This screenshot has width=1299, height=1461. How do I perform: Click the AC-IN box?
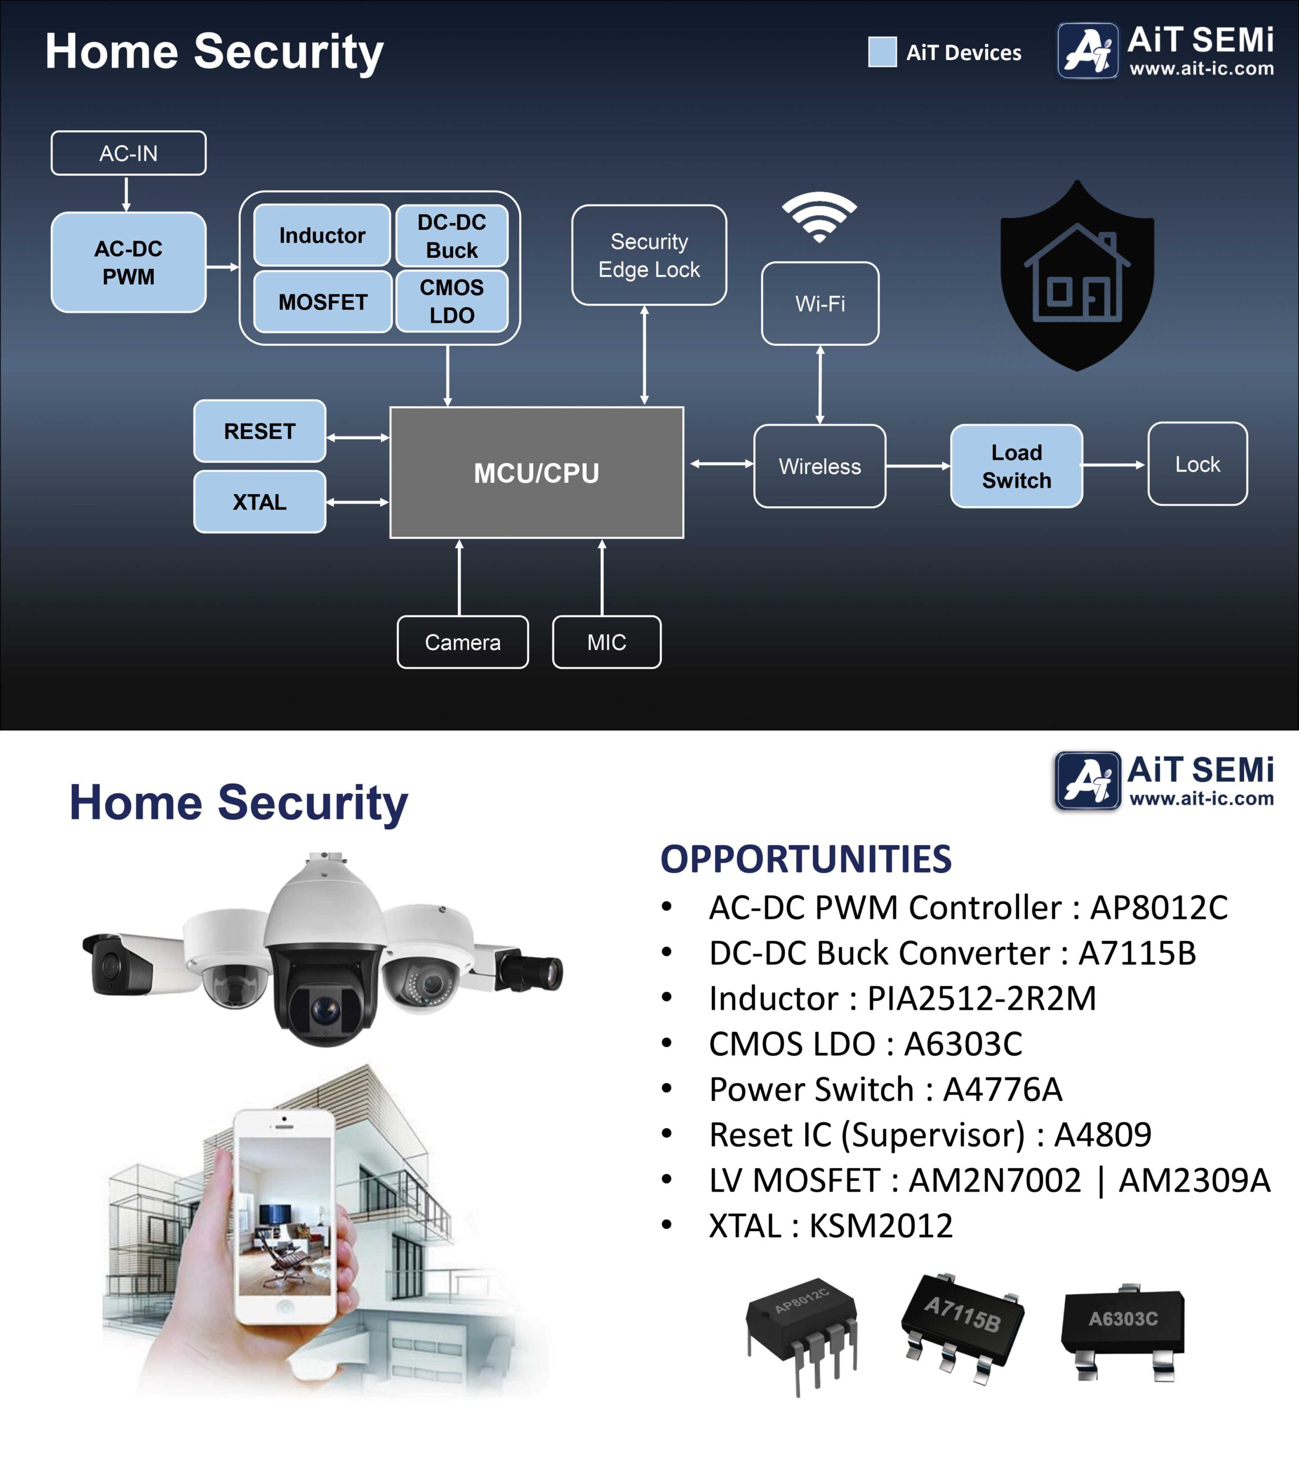pos(128,153)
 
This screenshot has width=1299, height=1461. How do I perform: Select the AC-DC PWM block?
pos(128,263)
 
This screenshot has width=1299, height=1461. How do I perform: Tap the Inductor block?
pos(322,235)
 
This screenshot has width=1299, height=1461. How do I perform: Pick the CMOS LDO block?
pos(452,301)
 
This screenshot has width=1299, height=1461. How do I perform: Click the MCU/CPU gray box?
pos(536,473)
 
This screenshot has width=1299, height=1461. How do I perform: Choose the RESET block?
pos(260,431)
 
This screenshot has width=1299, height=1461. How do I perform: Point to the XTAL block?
pos(260,502)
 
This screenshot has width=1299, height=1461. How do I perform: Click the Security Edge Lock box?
pos(649,255)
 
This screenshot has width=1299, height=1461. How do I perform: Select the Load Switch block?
pos(1016,466)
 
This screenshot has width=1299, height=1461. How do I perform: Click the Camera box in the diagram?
pos(462,642)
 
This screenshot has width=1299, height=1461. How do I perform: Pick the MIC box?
pos(606,642)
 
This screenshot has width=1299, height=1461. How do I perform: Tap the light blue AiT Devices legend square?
pos(882,52)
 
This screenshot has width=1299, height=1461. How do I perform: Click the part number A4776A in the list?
pos(1002,1089)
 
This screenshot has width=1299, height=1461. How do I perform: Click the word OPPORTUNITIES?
pos(806,858)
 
